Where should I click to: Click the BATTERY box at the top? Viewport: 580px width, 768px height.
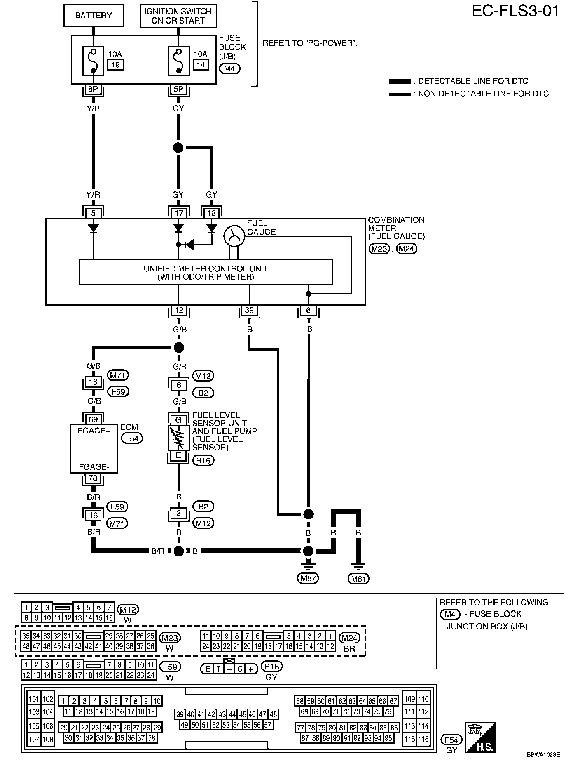tap(94, 16)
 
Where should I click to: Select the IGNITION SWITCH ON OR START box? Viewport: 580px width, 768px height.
tap(178, 16)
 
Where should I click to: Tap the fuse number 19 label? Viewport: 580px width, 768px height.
tap(115, 64)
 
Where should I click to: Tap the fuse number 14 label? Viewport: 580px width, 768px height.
tap(201, 64)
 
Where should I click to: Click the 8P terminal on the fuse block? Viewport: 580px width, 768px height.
tap(94, 89)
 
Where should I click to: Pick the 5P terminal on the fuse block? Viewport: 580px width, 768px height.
tap(178, 89)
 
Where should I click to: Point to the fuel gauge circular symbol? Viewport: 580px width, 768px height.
tap(234, 236)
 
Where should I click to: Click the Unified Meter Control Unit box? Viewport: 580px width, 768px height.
tap(206, 272)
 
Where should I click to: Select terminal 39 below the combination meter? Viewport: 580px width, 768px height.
tap(249, 311)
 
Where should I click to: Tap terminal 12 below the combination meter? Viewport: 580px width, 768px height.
tap(178, 311)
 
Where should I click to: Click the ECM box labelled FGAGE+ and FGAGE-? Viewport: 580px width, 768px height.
tap(94, 449)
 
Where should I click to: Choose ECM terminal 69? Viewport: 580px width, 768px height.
tap(94, 419)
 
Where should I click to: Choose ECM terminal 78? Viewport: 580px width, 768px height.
tap(94, 478)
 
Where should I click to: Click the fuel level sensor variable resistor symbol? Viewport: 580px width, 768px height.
tap(178, 438)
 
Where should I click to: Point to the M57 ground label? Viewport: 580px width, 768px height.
tap(308, 578)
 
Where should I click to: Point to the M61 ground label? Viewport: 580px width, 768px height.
tap(358, 579)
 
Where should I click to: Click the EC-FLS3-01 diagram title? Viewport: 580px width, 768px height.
tap(515, 11)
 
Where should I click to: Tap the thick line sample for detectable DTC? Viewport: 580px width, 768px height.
tap(400, 81)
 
